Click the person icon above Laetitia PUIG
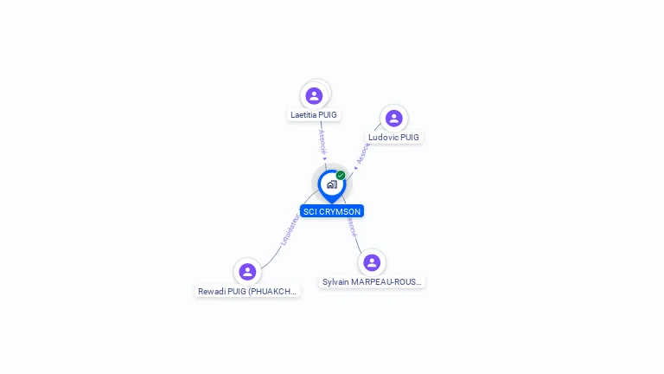pyautogui.click(x=314, y=95)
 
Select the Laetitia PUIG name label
pyautogui.click(x=314, y=114)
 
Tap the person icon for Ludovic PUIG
pyautogui.click(x=393, y=118)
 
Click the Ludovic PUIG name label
pyautogui.click(x=393, y=137)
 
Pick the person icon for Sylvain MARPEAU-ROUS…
pyautogui.click(x=372, y=262)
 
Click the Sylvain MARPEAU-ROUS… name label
pyautogui.click(x=372, y=281)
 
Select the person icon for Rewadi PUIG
pyautogui.click(x=247, y=272)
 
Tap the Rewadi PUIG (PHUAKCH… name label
pyautogui.click(x=247, y=291)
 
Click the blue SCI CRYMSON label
pyautogui.click(x=332, y=211)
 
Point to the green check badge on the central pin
pyautogui.click(x=341, y=175)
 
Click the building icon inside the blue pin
pyautogui.click(x=331, y=184)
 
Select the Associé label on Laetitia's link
pyautogui.click(x=322, y=141)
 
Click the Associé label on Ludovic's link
pyautogui.click(x=363, y=152)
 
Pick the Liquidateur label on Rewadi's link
pyautogui.click(x=290, y=230)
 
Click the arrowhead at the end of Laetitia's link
pyautogui.click(x=324, y=159)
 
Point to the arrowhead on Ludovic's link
pyautogui.click(x=355, y=168)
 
